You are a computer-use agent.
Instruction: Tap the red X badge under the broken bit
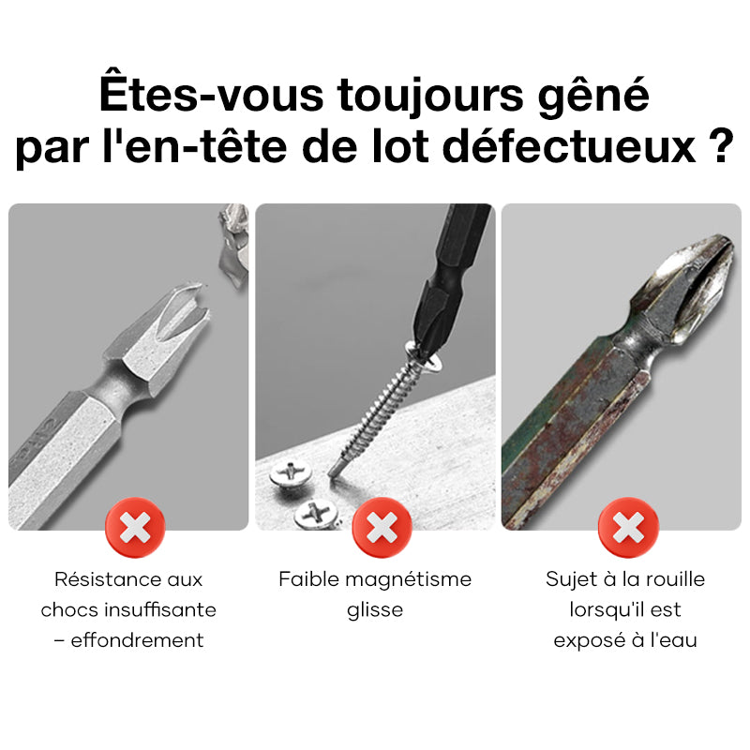[135, 528]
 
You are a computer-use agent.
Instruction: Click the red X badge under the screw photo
[382, 528]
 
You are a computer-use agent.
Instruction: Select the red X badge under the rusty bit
[628, 528]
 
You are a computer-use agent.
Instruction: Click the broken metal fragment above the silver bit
[233, 247]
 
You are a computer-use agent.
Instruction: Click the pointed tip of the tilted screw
[331, 472]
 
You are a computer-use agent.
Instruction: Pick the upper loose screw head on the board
[291, 473]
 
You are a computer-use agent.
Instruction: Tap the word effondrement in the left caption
[137, 640]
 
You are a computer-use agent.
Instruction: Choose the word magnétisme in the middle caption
[409, 579]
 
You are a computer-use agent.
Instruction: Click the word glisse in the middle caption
[375, 610]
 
